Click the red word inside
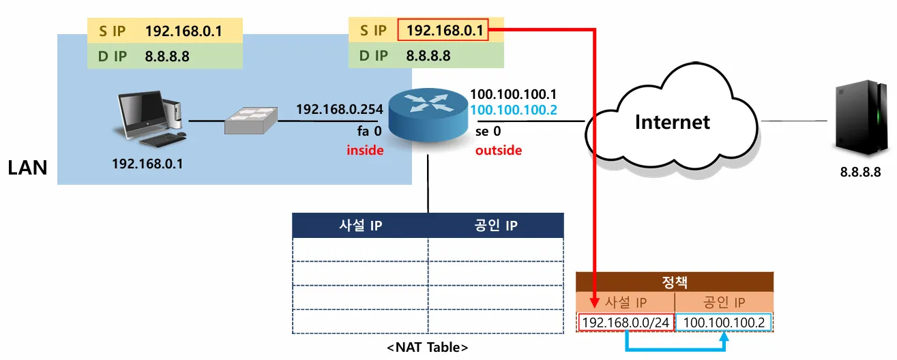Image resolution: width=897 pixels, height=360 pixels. (364, 150)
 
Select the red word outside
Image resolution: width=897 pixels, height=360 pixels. (499, 150)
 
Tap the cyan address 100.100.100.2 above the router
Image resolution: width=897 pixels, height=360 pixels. (514, 110)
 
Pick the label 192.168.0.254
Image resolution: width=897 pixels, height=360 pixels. (340, 109)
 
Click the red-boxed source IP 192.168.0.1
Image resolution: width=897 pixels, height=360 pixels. (444, 30)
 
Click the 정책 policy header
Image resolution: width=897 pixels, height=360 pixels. (675, 282)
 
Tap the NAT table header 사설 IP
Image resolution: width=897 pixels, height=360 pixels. (360, 226)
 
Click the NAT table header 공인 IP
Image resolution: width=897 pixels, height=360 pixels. (496, 226)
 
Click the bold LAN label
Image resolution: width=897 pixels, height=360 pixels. (27, 168)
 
